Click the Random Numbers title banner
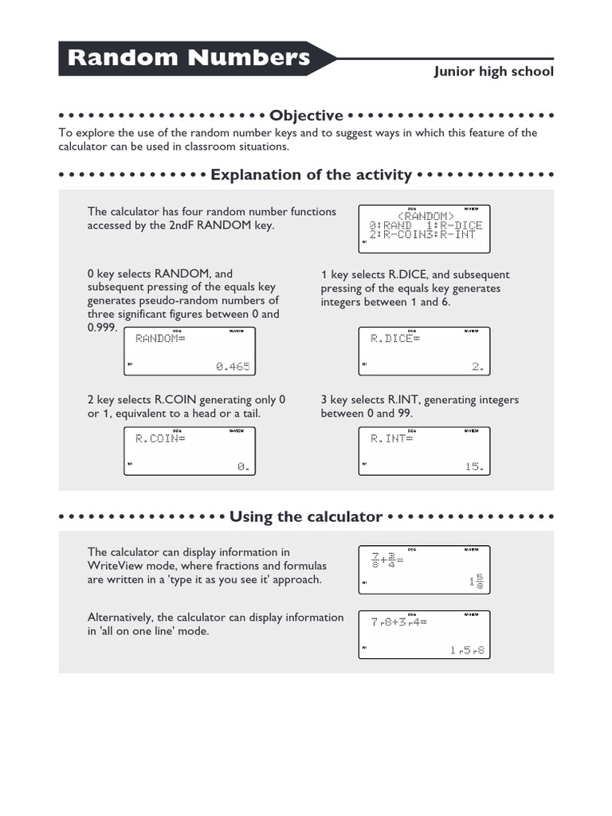pos(190,58)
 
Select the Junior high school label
pos(493,72)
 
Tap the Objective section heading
pos(306,116)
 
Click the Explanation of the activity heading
pos(311,175)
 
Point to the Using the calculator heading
pos(306,516)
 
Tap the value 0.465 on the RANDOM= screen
pos(232,367)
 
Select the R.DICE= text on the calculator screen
pos(395,339)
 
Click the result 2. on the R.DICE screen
pos(477,367)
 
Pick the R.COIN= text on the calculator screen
pos(159,438)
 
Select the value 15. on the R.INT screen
pos(474,467)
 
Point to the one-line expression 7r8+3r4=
pos(398,622)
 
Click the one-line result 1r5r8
pos(467,650)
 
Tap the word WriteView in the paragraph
pos(113,566)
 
